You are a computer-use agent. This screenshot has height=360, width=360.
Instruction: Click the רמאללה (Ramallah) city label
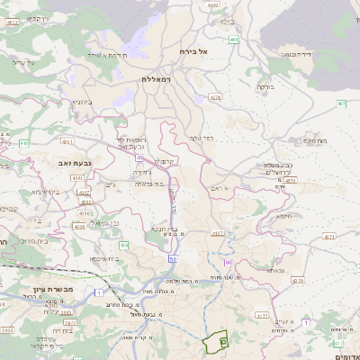point(157,79)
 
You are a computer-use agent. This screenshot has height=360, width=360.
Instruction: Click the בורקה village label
point(265,87)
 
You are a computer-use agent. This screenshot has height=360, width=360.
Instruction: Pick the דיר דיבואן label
point(294,54)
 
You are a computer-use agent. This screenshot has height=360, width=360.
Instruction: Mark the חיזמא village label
point(283,216)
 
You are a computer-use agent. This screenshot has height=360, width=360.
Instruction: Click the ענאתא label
point(274,270)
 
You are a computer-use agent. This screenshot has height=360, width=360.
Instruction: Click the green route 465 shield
point(234,40)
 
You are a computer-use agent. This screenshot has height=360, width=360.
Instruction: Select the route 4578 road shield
point(214,97)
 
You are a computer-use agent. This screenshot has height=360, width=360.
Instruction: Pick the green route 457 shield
point(341,103)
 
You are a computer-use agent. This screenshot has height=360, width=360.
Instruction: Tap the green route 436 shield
point(124,245)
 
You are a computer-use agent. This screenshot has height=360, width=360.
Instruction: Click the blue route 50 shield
point(172,259)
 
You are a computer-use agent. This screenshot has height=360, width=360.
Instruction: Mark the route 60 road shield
point(228,263)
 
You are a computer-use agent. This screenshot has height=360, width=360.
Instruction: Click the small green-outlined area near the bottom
point(216,343)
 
